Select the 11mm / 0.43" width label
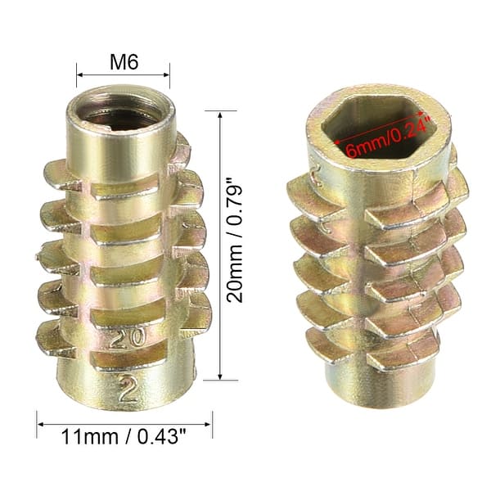click(x=124, y=439)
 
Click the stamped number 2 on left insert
click(x=127, y=388)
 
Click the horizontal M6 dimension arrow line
click(x=124, y=75)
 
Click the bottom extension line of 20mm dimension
click(x=209, y=379)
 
